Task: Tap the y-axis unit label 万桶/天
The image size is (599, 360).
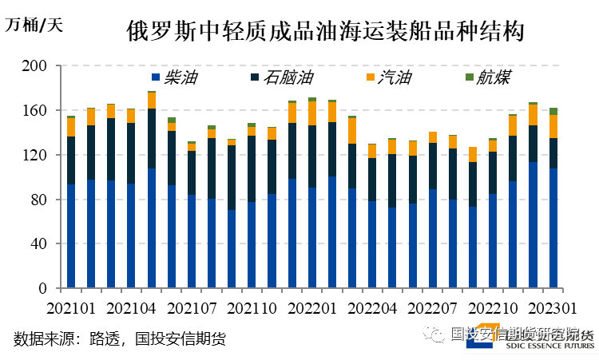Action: tap(34, 24)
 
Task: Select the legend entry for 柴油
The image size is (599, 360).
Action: tap(175, 77)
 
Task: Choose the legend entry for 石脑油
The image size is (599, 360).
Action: tap(277, 77)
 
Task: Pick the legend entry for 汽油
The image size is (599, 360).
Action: tap(388, 77)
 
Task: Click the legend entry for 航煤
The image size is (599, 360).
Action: tap(486, 77)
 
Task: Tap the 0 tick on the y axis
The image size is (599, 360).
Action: tap(45, 288)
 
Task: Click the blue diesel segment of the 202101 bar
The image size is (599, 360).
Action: tap(71, 235)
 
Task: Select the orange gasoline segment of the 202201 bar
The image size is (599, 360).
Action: tap(312, 113)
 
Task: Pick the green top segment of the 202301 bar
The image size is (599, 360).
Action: tap(553, 111)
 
